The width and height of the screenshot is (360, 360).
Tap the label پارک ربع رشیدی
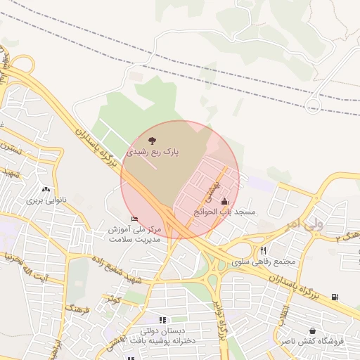(x=153, y=152)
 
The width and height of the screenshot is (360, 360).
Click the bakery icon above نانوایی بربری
(x=46, y=189)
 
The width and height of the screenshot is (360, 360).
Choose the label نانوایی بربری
(x=45, y=200)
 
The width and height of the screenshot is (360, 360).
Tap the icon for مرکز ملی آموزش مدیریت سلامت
(x=134, y=219)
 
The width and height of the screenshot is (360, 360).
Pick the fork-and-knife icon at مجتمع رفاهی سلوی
(x=263, y=250)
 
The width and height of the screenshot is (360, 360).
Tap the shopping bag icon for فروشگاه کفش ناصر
(x=311, y=330)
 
